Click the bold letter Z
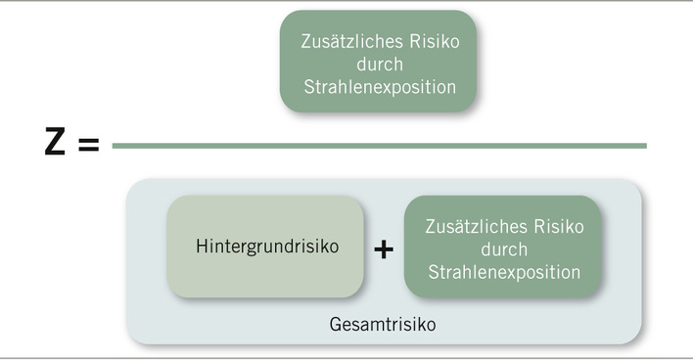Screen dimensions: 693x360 coord(57,146)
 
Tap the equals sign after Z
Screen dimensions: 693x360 coord(88,146)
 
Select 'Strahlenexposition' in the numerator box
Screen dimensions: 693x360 coord(378,87)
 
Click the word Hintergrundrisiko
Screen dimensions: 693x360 coord(266,247)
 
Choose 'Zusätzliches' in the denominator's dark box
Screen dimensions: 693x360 coord(465,227)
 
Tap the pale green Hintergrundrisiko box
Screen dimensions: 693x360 coord(266,279)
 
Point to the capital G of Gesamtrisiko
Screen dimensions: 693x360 coord(335,322)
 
